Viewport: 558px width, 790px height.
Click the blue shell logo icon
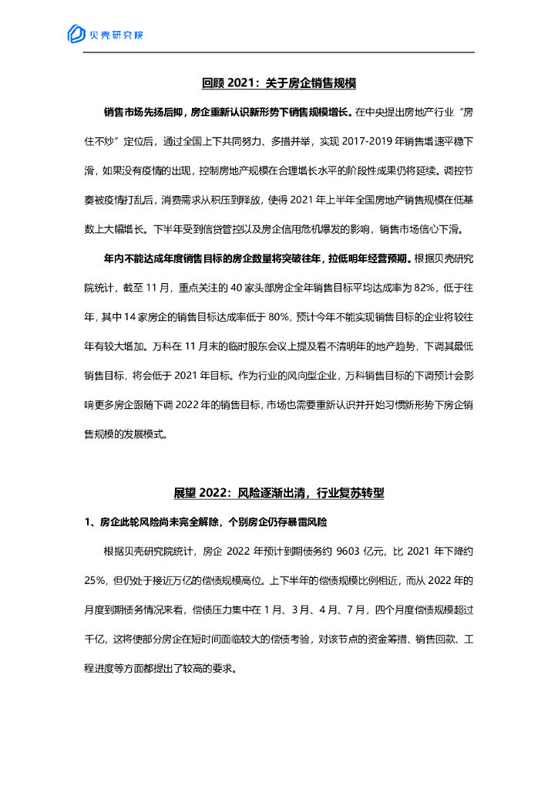point(76,34)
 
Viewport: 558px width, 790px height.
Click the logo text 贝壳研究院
point(116,35)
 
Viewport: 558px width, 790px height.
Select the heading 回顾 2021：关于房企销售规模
point(278,83)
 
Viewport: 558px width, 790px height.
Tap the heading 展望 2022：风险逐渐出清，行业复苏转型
point(278,493)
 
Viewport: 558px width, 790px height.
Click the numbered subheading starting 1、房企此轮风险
point(206,523)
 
